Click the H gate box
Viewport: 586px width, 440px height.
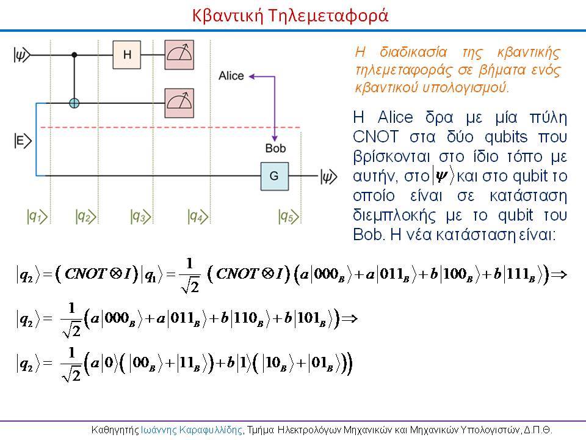pyautogui.click(x=127, y=54)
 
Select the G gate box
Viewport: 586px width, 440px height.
pyautogui.click(x=274, y=176)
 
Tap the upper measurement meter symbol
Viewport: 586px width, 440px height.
pyautogui.click(x=179, y=54)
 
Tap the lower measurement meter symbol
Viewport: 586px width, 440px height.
pyautogui.click(x=179, y=103)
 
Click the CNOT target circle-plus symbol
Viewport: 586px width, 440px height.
pyautogui.click(x=74, y=103)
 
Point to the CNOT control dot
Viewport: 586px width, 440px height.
pyautogui.click(x=74, y=55)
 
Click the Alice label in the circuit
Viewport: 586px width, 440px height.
pyautogui.click(x=231, y=76)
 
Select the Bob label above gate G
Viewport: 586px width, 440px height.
pyautogui.click(x=275, y=148)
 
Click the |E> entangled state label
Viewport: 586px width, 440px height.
pyautogui.click(x=23, y=141)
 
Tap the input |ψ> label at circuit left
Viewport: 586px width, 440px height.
pyautogui.click(x=22, y=55)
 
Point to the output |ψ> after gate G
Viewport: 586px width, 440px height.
pyautogui.click(x=329, y=177)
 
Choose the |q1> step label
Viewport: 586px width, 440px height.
pyautogui.click(x=37, y=216)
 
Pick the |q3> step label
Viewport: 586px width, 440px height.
pyautogui.click(x=140, y=216)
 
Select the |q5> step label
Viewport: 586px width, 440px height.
pyautogui.click(x=289, y=216)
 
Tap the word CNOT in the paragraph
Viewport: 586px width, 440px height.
pyautogui.click(x=375, y=136)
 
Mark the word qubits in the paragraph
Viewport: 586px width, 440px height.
pyautogui.click(x=505, y=137)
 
